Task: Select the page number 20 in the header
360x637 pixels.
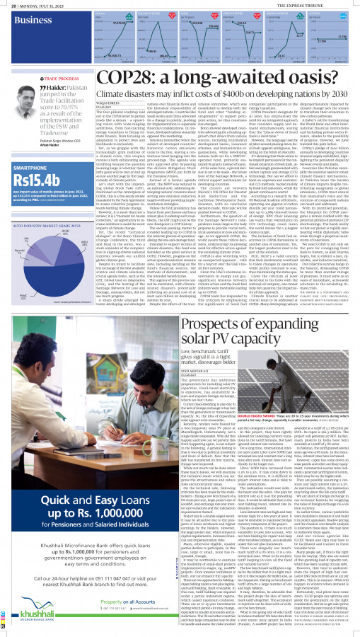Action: (7, 6)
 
